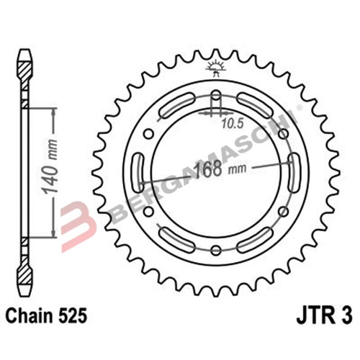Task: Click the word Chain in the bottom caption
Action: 29,315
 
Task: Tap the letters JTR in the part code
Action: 312,315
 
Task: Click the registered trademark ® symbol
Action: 289,113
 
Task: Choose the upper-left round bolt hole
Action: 148,133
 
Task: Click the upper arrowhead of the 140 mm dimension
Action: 52,112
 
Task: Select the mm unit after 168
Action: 235,172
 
